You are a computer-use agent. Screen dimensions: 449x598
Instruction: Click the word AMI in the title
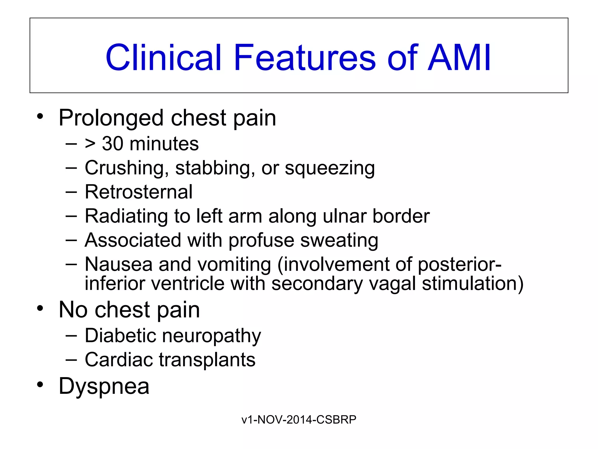tap(459, 58)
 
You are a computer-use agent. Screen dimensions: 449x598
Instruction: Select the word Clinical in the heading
tap(163, 58)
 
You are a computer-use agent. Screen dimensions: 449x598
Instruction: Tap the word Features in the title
tap(305, 58)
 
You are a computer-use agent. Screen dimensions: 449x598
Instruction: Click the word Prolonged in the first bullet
tap(111, 118)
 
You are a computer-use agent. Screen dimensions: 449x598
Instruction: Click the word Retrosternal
tap(138, 192)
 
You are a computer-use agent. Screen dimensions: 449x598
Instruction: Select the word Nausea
tap(119, 264)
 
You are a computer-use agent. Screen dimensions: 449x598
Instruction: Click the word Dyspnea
tap(104, 386)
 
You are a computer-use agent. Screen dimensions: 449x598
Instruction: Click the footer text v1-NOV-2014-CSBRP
tap(299, 419)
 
